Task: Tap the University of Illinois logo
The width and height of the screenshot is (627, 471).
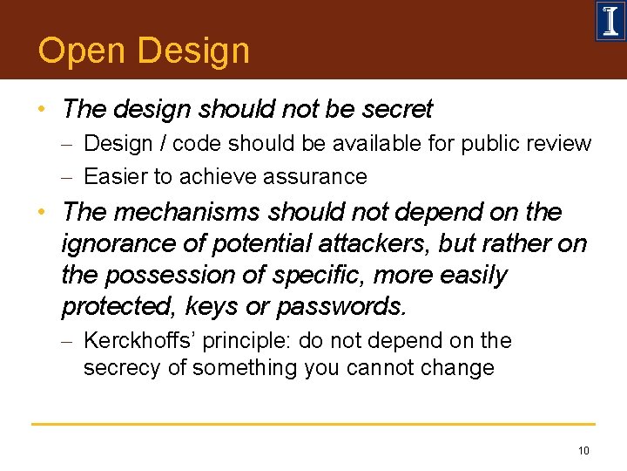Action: click(x=610, y=21)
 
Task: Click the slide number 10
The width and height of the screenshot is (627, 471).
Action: click(x=583, y=450)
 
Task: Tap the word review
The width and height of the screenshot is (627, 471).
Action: click(x=558, y=143)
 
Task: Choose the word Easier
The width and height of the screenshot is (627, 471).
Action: click(x=116, y=176)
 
